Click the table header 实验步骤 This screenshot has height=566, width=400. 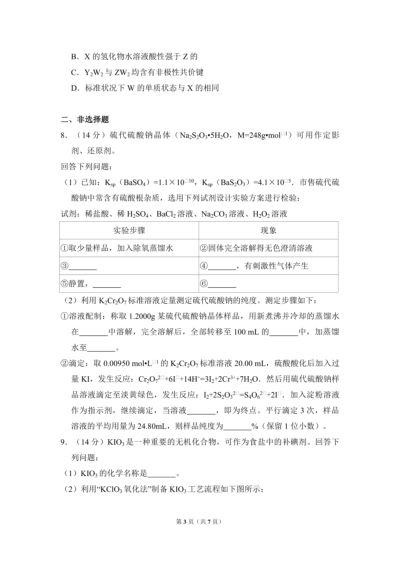(x=129, y=230)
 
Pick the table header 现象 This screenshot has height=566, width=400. (x=268, y=230)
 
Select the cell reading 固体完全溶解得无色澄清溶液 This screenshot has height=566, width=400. (x=260, y=248)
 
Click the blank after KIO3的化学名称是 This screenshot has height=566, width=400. (x=161, y=473)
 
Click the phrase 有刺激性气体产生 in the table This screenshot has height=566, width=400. (x=276, y=266)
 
